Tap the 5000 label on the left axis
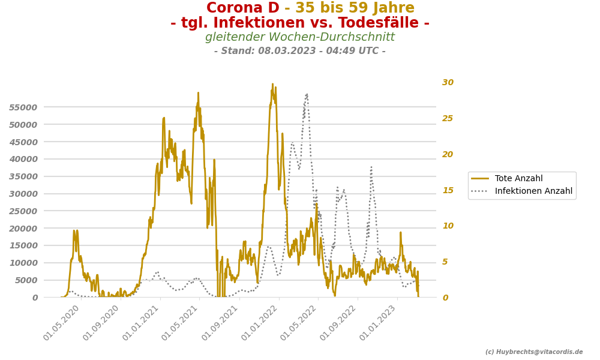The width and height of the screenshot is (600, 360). click(x=26, y=280)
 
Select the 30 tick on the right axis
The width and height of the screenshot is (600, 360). click(x=448, y=83)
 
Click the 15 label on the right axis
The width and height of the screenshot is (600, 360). click(x=448, y=190)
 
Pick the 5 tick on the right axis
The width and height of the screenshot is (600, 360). click(x=445, y=262)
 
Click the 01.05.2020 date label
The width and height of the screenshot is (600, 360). click(x=62, y=323)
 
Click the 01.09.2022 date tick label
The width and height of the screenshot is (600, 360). click(x=339, y=323)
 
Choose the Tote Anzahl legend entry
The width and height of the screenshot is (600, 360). click(x=518, y=179)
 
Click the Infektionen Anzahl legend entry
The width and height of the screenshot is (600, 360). click(x=533, y=191)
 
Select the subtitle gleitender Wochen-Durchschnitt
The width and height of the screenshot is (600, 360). click(x=300, y=37)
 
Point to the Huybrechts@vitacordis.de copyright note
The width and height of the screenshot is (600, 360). click(x=534, y=352)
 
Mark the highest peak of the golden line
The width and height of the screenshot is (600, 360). click(x=272, y=85)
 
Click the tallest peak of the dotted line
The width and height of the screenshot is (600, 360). click(x=307, y=94)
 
